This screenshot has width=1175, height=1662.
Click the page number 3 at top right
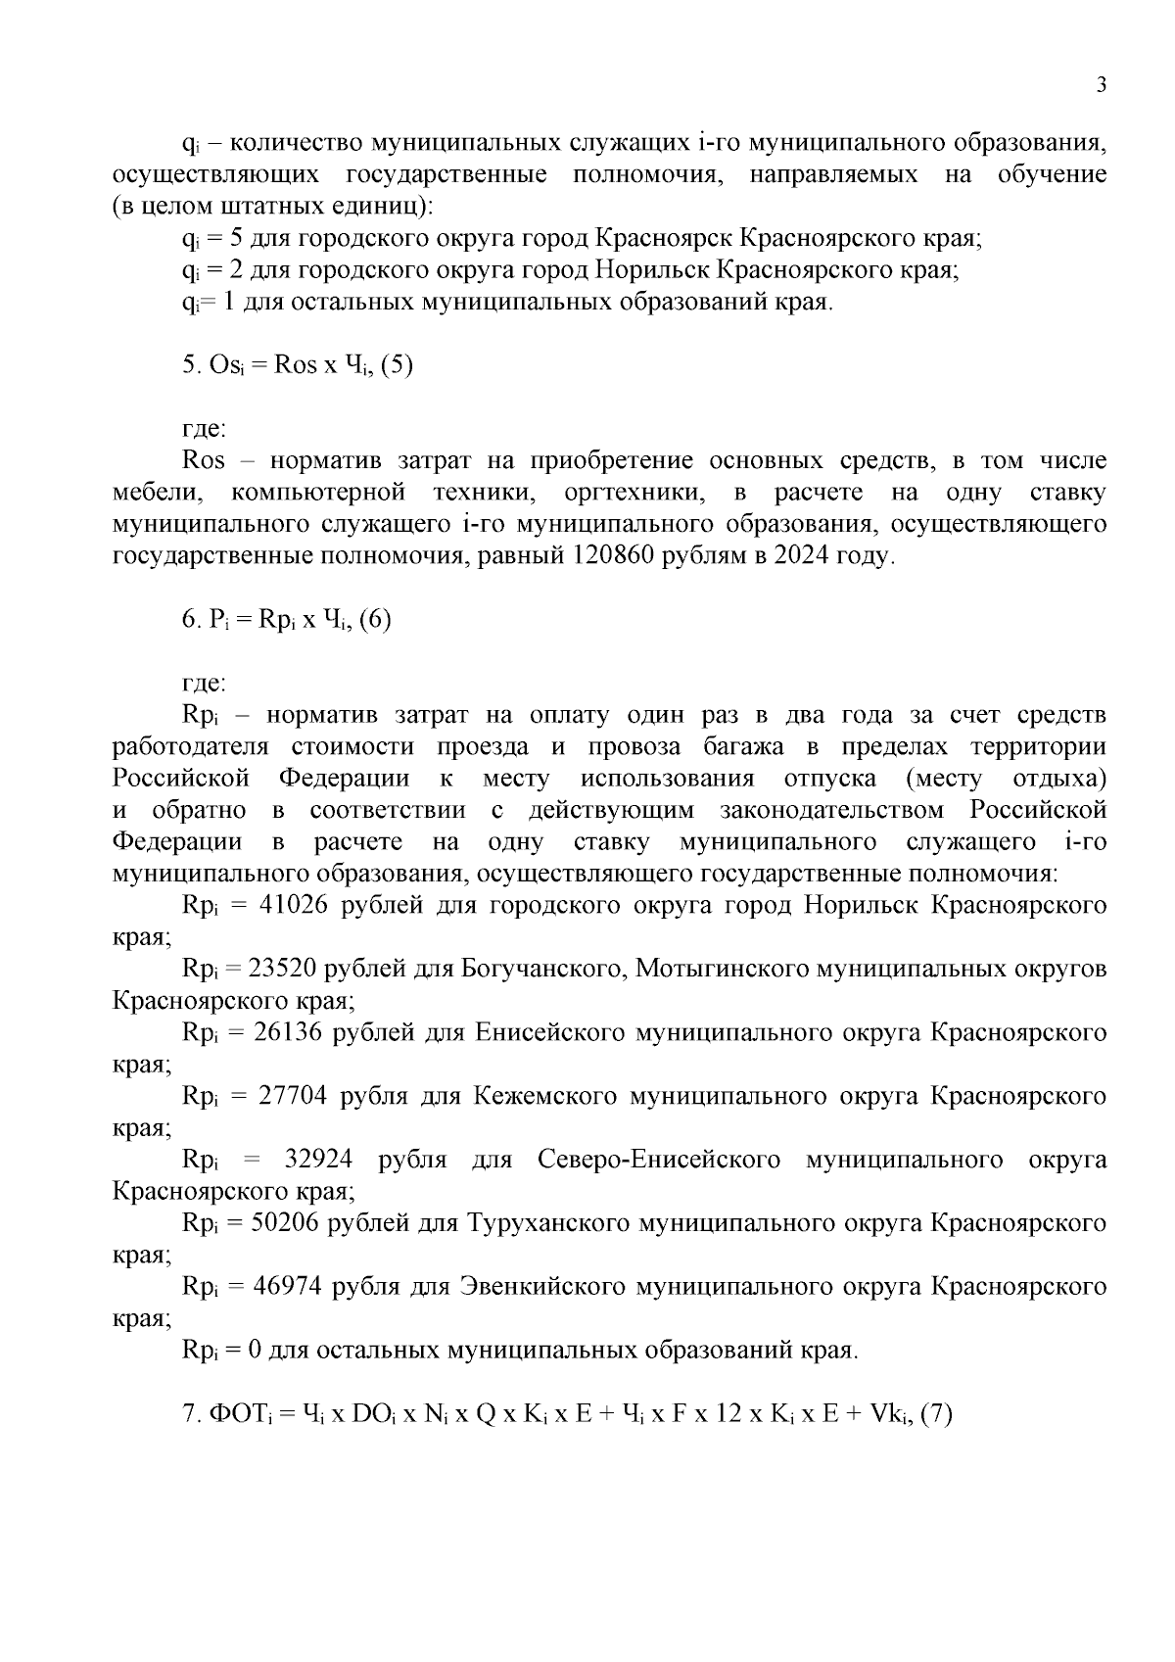[1102, 85]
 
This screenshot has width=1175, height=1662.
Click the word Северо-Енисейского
[659, 1160]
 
